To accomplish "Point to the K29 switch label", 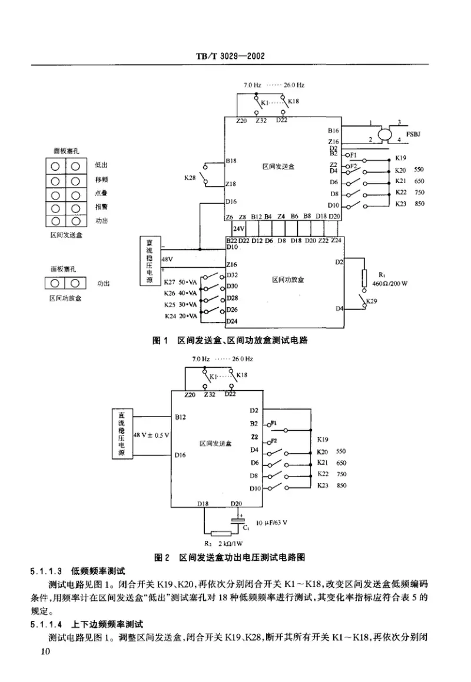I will (x=372, y=302).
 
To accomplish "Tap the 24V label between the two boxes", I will (x=238, y=228).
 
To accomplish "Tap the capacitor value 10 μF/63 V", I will (x=275, y=522).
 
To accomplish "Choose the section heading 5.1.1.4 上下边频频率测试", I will (x=88, y=624).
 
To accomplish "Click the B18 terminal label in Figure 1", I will (x=231, y=160).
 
